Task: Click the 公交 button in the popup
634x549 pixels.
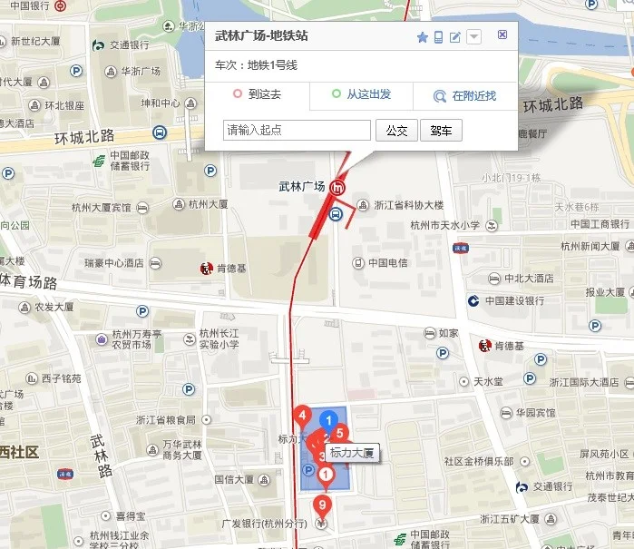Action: tap(396, 131)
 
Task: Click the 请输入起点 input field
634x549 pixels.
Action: tap(297, 131)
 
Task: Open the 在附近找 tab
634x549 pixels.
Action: tap(464, 95)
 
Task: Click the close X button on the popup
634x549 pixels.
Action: tap(502, 35)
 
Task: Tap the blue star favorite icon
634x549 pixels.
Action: tap(422, 37)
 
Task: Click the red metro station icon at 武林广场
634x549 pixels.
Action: tap(338, 187)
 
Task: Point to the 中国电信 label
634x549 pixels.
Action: tap(390, 263)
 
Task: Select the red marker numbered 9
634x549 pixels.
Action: tap(322, 505)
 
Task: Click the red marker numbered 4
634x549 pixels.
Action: tap(302, 417)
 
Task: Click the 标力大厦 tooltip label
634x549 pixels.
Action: tap(352, 452)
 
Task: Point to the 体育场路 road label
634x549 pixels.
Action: tap(42, 282)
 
